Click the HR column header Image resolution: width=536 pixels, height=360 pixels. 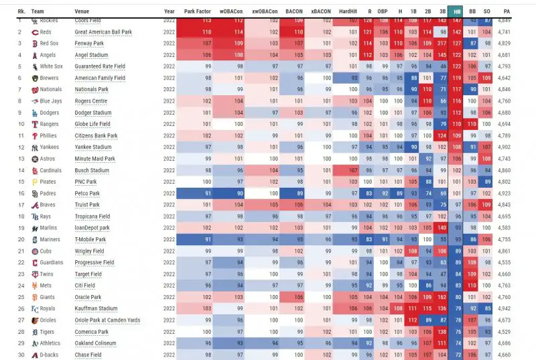tap(456, 11)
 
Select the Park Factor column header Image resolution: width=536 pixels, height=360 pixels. tap(198, 11)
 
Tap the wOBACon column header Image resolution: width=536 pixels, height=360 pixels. tap(231, 11)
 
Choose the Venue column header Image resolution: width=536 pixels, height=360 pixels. tap(82, 11)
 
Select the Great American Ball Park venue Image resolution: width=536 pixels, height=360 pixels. tap(104, 32)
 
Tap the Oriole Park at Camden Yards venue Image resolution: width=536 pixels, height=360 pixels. tap(108, 320)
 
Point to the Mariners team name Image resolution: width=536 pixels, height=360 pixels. tap(52, 239)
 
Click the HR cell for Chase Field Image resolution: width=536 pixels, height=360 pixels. tap(457, 355)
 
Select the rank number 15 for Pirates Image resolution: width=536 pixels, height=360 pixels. tap(21, 182)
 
